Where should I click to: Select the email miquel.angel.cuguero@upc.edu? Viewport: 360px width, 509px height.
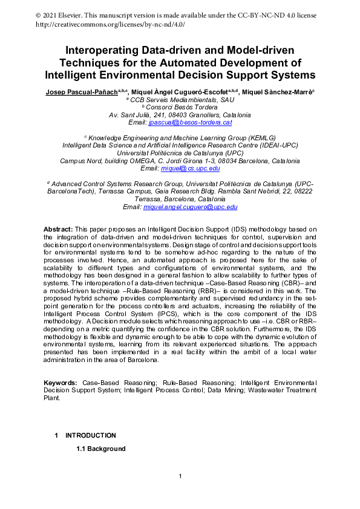[x=190, y=207]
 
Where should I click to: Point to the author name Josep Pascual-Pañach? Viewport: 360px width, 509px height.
[x=81, y=91]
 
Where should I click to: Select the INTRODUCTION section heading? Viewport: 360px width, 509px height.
[x=91, y=435]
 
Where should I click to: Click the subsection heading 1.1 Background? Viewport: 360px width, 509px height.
[x=100, y=449]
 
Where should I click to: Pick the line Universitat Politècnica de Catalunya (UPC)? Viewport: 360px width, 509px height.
[x=180, y=153]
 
